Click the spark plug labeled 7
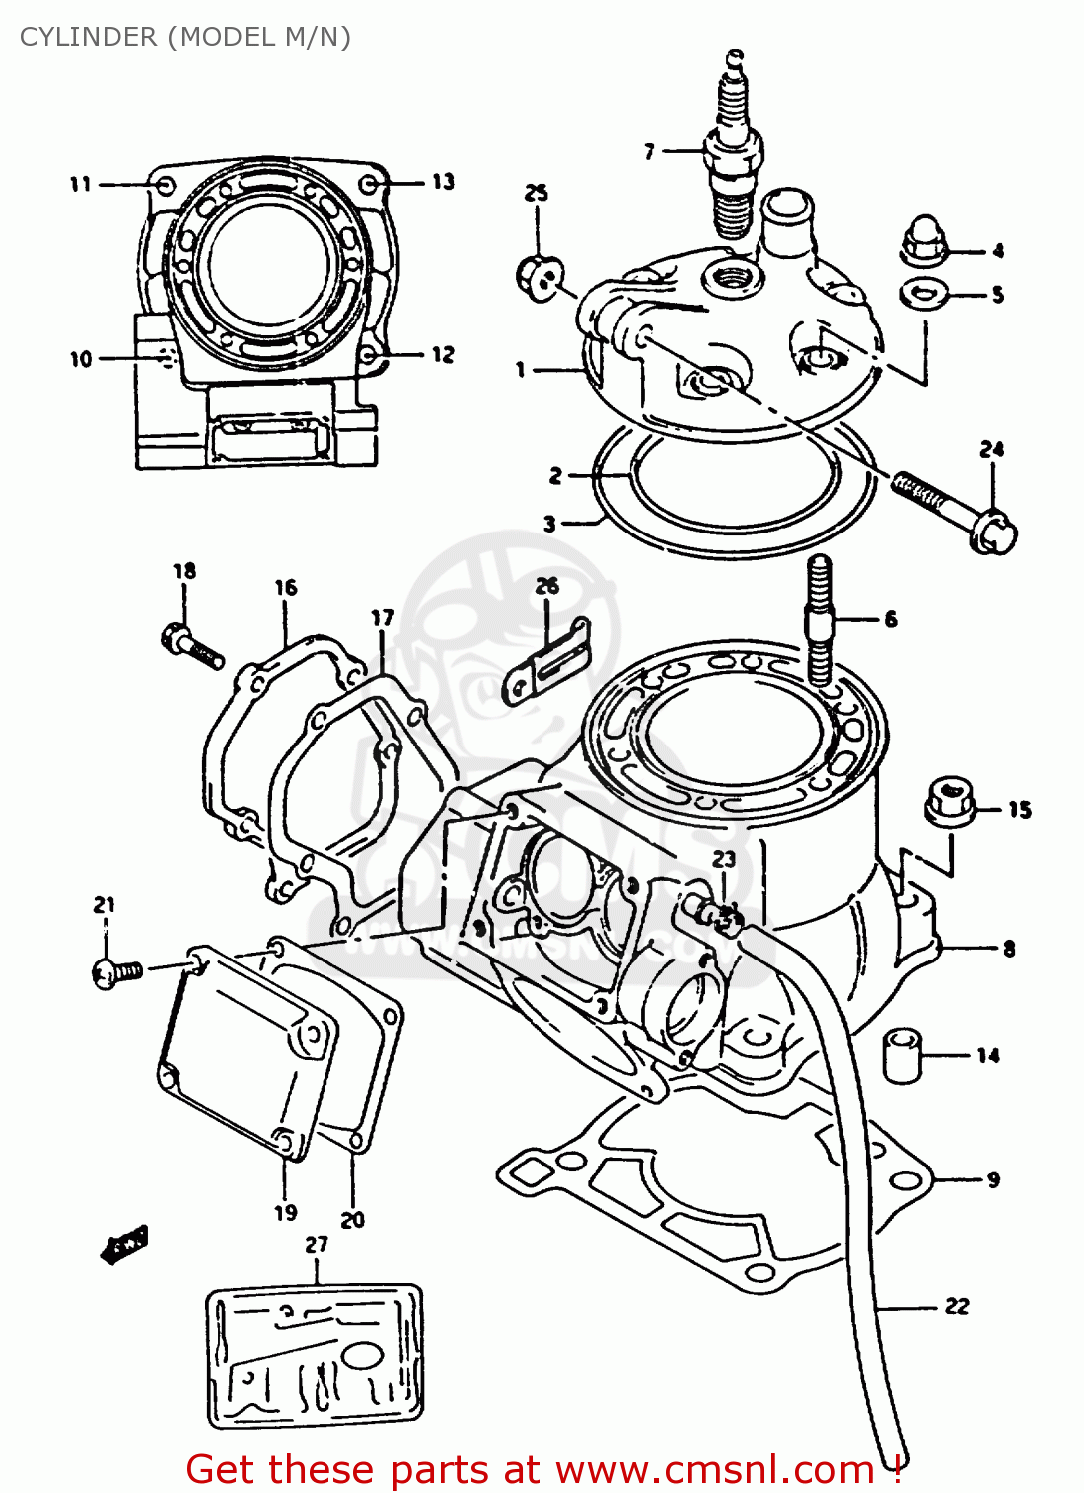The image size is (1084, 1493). click(735, 159)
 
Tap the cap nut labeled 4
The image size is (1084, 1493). click(925, 242)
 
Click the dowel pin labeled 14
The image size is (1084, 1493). click(902, 1055)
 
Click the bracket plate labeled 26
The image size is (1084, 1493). click(548, 661)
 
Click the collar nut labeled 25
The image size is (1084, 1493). click(541, 275)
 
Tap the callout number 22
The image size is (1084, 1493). click(956, 1306)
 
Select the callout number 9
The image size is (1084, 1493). click(993, 1180)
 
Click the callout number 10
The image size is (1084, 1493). click(80, 359)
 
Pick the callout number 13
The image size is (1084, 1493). click(443, 182)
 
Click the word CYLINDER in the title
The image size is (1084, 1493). click(89, 37)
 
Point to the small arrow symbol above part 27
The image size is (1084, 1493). click(125, 1243)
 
